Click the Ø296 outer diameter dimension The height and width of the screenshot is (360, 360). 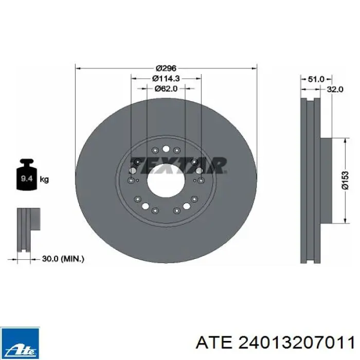[x=166, y=68]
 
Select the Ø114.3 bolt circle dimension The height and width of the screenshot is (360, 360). [x=166, y=79]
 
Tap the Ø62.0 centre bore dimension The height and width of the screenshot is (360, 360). [x=166, y=88]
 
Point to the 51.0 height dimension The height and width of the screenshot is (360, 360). [x=316, y=79]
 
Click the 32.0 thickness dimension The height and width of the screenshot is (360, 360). [x=335, y=89]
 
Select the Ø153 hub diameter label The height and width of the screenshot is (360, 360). [x=345, y=181]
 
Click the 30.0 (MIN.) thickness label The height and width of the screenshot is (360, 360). [x=63, y=259]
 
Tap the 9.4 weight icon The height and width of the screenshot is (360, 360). [x=27, y=175]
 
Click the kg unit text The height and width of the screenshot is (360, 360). [x=44, y=179]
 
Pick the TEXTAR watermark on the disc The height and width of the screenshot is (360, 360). [x=178, y=165]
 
